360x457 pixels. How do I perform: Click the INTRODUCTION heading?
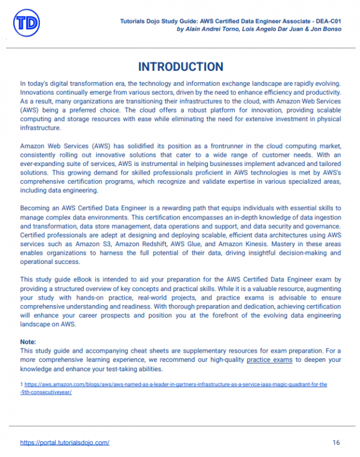pyautogui.click(x=180, y=67)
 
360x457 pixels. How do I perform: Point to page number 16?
pyautogui.click(x=336, y=443)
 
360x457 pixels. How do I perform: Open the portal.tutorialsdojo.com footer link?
pyautogui.click(x=65, y=443)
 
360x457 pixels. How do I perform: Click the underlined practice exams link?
pyautogui.click(x=270, y=360)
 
